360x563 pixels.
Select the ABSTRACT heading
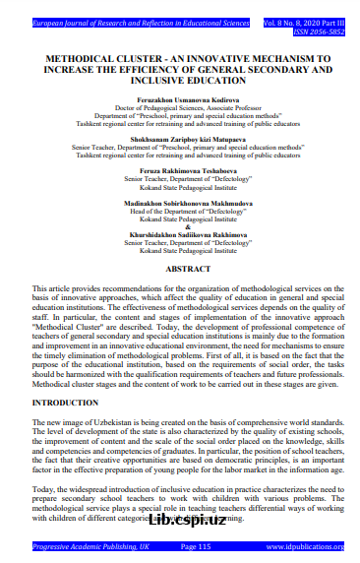pyautogui.click(x=180, y=269)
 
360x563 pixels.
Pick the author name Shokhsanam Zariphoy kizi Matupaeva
pyautogui.click(x=180, y=140)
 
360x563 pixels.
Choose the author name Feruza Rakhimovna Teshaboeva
pyautogui.click(x=180, y=173)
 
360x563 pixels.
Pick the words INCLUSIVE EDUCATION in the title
pyautogui.click(x=180, y=83)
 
